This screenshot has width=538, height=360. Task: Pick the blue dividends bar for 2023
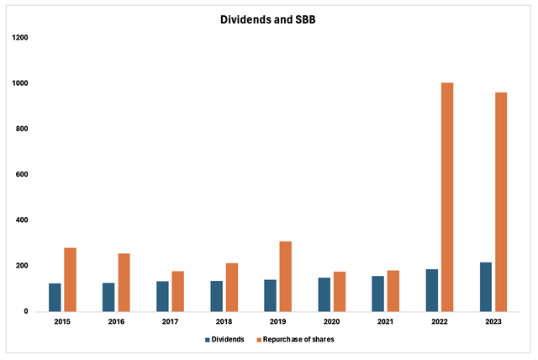(x=485, y=287)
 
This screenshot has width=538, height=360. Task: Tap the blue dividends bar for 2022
(x=431, y=290)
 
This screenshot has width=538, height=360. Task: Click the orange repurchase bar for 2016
(x=124, y=282)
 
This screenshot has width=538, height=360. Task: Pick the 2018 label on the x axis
(x=224, y=322)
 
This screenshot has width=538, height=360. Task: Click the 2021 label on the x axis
(x=385, y=322)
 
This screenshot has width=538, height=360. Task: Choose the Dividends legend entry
(x=224, y=339)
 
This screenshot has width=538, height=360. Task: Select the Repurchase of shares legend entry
(x=294, y=339)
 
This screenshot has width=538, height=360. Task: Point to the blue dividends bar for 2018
(x=216, y=296)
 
